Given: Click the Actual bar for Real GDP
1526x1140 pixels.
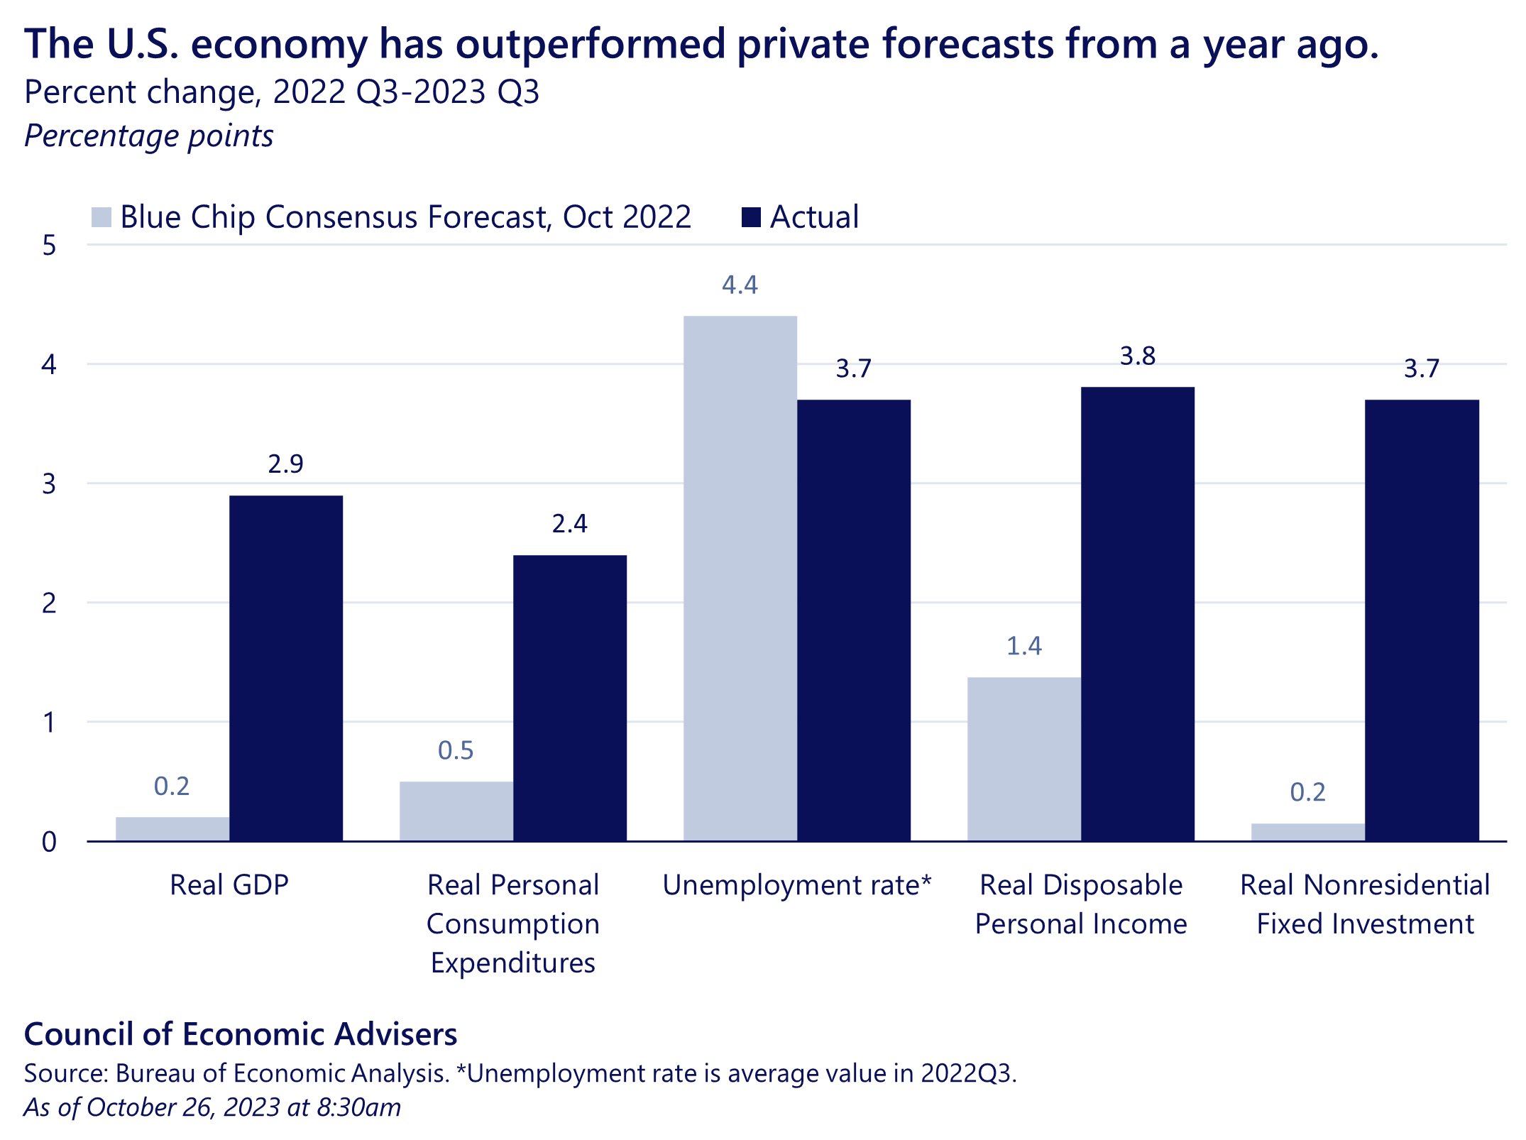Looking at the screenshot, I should [x=286, y=667].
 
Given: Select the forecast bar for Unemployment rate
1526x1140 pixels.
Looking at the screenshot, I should [x=740, y=579].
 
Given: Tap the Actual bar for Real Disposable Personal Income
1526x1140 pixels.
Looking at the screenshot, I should [x=1138, y=614].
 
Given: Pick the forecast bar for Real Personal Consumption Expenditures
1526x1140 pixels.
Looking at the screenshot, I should [x=456, y=811].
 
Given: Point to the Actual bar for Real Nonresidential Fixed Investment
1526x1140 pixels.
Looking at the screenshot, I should [x=1422, y=621].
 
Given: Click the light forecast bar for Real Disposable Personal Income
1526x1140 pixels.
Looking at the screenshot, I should [x=1023, y=760].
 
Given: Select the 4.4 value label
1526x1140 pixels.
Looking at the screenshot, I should [x=740, y=285].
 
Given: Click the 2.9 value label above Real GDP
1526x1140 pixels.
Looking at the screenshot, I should [x=285, y=464].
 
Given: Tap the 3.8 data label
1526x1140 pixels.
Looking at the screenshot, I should [x=1138, y=356].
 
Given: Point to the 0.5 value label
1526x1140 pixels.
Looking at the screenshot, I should [x=456, y=751].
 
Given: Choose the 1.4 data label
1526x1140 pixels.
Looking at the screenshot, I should [x=1023, y=646].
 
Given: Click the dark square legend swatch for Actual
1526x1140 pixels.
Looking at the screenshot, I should [x=751, y=217].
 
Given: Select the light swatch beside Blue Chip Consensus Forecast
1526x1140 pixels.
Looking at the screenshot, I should [x=101, y=217].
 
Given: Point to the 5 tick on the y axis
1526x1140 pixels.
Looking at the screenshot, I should [x=49, y=246].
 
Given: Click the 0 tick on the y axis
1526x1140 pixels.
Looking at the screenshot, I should [x=49, y=842].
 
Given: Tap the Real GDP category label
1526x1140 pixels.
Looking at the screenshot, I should [x=229, y=885].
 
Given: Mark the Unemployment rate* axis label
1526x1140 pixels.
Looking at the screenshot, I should [x=796, y=885].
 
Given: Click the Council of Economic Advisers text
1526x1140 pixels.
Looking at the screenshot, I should [x=241, y=1034].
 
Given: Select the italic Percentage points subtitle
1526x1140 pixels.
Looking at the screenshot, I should [x=149, y=136].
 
